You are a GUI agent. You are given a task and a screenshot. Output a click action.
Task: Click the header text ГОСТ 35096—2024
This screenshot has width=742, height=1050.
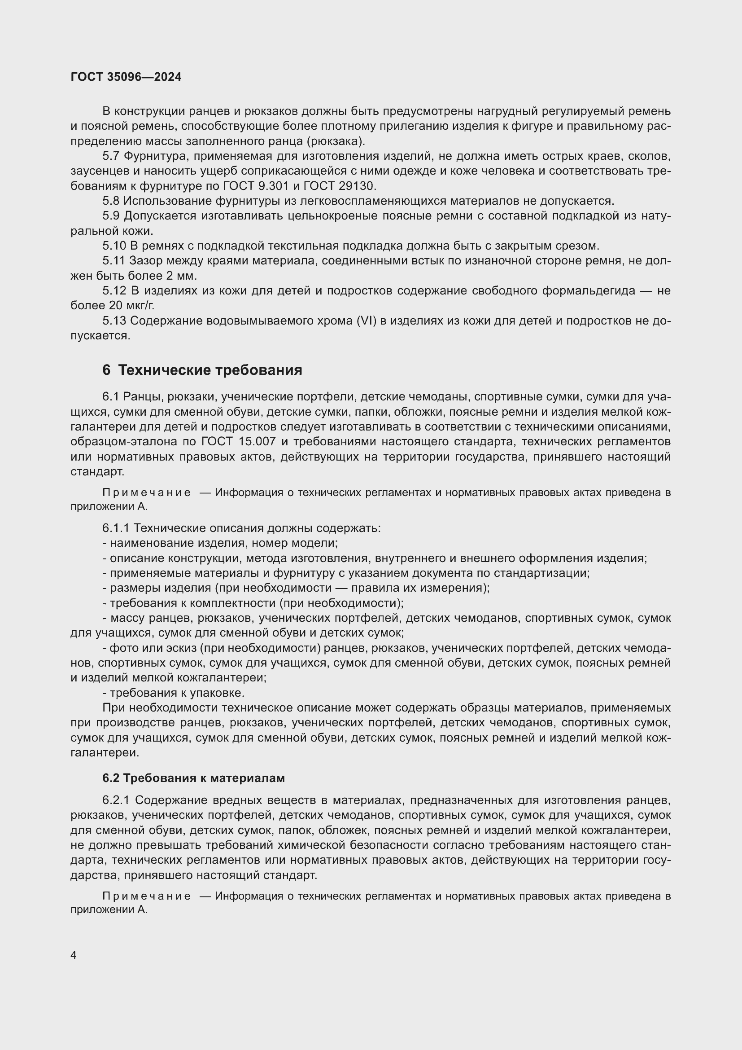pyautogui.click(x=126, y=77)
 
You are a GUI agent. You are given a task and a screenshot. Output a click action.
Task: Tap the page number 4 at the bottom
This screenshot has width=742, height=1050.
pyautogui.click(x=74, y=955)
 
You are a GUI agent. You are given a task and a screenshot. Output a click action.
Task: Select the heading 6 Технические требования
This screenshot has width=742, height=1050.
pyautogui.click(x=202, y=370)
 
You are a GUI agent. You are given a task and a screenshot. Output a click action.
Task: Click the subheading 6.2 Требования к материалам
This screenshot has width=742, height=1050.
pyautogui.click(x=193, y=778)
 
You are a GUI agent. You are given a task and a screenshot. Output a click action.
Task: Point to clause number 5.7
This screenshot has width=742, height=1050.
pyautogui.click(x=110, y=156)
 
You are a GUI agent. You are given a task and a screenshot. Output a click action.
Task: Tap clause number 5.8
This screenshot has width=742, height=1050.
pyautogui.click(x=110, y=201)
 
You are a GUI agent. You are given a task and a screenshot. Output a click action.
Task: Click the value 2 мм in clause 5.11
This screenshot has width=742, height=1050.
pyautogui.click(x=182, y=276)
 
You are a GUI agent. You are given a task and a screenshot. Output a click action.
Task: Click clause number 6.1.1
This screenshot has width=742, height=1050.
pyautogui.click(x=116, y=528)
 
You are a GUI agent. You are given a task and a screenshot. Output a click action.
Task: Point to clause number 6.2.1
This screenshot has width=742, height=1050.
pyautogui.click(x=116, y=800)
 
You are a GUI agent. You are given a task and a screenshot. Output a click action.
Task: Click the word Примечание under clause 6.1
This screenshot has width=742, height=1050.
pyautogui.click(x=147, y=492)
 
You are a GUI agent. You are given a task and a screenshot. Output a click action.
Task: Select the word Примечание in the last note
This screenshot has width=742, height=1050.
pyautogui.click(x=147, y=896)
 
